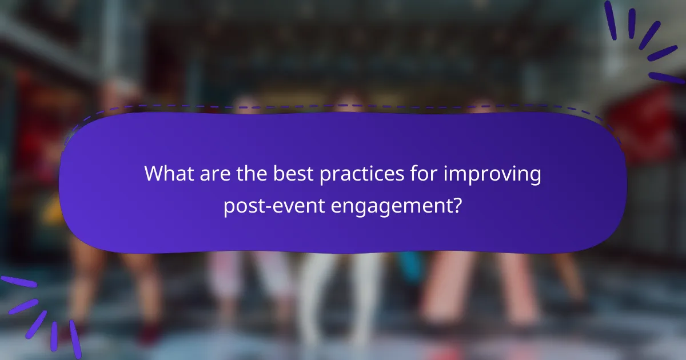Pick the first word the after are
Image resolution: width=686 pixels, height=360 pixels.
coord(249,173)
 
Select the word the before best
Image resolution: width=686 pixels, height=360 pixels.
coord(249,173)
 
